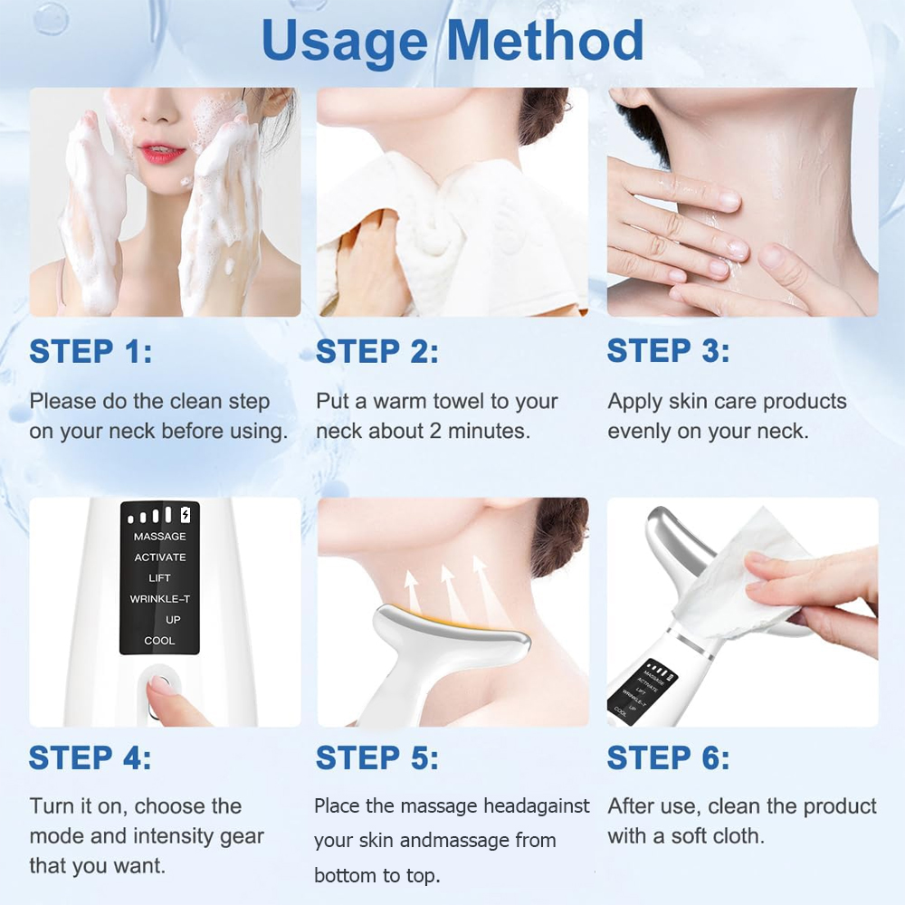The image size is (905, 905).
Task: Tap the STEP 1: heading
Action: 90,351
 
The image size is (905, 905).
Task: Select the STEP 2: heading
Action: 377,351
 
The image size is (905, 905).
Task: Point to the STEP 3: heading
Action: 668,351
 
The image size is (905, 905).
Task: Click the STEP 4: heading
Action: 90,757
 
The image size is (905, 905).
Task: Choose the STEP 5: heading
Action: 377,757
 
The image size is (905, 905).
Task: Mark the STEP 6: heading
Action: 668,757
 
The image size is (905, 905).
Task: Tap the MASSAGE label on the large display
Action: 159,537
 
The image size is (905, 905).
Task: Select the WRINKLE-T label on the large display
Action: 159,599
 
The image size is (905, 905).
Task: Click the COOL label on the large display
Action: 159,641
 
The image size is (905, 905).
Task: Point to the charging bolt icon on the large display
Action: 186,515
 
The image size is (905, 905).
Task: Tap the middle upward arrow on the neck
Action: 445,583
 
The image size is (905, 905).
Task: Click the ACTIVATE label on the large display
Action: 159,557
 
